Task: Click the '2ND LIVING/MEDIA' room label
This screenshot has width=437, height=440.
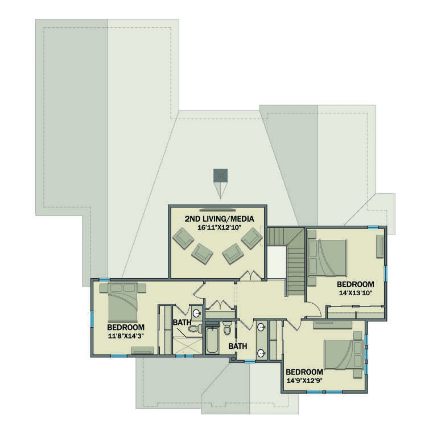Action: coord(218,218)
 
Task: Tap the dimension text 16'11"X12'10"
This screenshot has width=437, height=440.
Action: coord(218,227)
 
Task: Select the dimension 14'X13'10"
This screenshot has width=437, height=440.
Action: coord(355,293)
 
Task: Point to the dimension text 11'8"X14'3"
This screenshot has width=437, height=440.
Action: coord(126,336)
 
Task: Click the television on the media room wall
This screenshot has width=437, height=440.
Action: coord(217,207)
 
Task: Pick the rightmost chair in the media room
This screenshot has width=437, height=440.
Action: coord(251,238)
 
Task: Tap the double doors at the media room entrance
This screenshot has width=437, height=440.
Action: coord(250,276)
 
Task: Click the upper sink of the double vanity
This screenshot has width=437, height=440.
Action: coord(261,328)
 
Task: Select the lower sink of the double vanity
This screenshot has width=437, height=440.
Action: coord(261,353)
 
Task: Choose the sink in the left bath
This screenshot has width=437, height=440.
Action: coord(196,313)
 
